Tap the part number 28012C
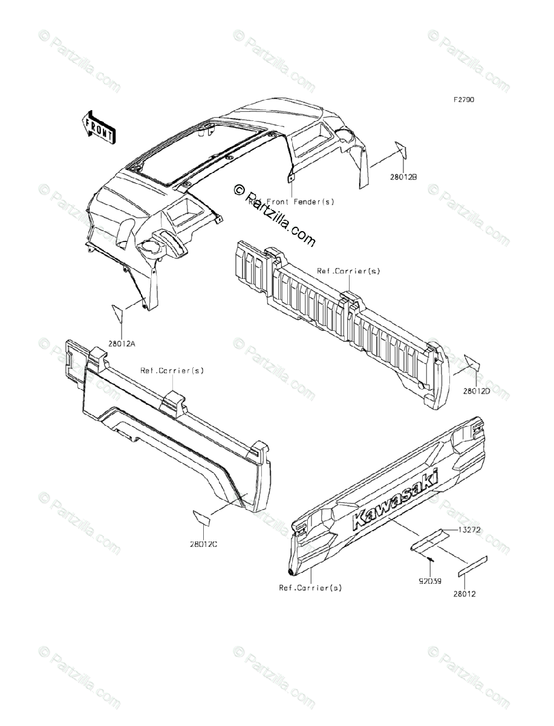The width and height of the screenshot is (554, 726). [203, 543]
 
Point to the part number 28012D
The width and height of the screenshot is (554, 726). [477, 391]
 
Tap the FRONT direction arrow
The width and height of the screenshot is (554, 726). [97, 128]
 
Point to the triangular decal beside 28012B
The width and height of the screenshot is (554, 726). [402, 150]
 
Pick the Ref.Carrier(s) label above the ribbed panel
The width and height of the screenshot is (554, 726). [348, 271]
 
